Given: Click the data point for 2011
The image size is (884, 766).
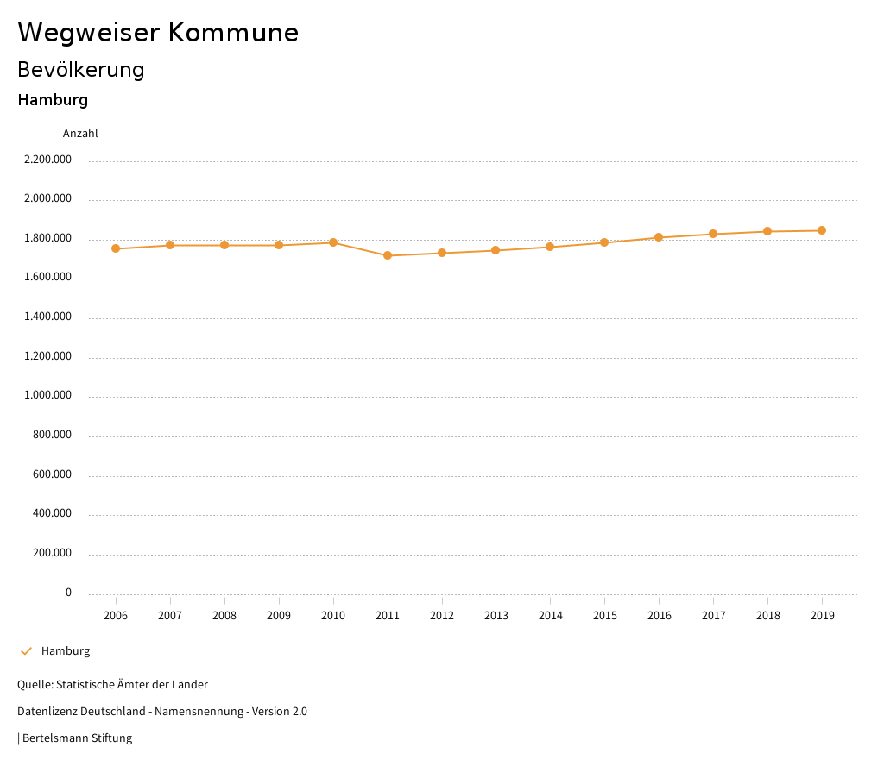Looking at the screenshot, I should pyautogui.click(x=388, y=255).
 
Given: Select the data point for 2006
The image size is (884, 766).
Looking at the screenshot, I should pyautogui.click(x=116, y=248).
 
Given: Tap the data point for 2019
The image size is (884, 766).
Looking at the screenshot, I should pyautogui.click(x=822, y=230).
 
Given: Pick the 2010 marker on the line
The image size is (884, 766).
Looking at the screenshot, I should pyautogui.click(x=333, y=242).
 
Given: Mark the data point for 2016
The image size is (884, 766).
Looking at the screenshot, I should pyautogui.click(x=659, y=237).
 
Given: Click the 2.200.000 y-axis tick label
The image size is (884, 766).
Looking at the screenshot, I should pyautogui.click(x=47, y=160).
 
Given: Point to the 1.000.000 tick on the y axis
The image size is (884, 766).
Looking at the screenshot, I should pyautogui.click(x=47, y=395).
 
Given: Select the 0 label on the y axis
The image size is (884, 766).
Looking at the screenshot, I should pyautogui.click(x=68, y=593).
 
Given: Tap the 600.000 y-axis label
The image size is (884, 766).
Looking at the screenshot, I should pyautogui.click(x=52, y=474).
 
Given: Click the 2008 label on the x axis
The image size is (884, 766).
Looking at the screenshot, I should pyautogui.click(x=224, y=616).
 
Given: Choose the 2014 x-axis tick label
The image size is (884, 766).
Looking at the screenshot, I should pyautogui.click(x=551, y=616).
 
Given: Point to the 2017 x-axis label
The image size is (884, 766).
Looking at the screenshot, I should pyautogui.click(x=714, y=616).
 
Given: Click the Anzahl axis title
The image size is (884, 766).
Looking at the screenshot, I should pyautogui.click(x=80, y=134).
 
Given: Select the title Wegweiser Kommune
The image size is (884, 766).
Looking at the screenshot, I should pyautogui.click(x=158, y=33).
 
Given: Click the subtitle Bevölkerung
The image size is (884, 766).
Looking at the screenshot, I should pyautogui.click(x=81, y=69).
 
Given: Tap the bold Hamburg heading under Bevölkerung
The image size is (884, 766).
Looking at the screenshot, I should pyautogui.click(x=53, y=100).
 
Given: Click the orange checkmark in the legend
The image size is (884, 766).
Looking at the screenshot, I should pyautogui.click(x=26, y=651).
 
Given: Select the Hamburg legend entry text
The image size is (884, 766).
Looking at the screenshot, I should pyautogui.click(x=66, y=651).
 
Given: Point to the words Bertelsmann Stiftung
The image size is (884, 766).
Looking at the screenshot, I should pyautogui.click(x=77, y=738).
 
